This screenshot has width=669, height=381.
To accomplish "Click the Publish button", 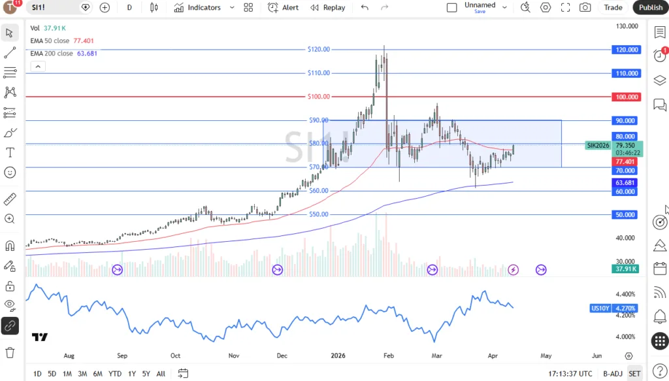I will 650,7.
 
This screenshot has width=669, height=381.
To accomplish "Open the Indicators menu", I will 197,7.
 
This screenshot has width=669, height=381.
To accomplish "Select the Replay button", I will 328,7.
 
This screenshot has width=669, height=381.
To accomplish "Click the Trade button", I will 613,7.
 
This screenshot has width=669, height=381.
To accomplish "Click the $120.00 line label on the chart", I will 319,49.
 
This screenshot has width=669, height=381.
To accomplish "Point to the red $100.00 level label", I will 319,97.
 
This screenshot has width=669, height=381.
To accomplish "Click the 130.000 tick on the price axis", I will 627,26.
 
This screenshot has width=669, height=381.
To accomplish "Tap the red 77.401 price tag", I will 626,161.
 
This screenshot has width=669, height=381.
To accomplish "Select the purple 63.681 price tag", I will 626,183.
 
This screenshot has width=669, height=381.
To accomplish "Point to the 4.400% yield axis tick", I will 626,294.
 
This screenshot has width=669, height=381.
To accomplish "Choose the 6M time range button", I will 97,374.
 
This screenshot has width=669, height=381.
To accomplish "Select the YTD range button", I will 114,374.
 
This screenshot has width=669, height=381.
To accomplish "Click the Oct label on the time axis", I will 175,356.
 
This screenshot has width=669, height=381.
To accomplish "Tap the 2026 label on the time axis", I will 337,356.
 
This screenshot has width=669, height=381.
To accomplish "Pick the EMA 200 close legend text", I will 52,54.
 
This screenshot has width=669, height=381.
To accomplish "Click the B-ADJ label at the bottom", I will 613,374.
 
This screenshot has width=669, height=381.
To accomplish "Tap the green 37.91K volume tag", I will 625,269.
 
